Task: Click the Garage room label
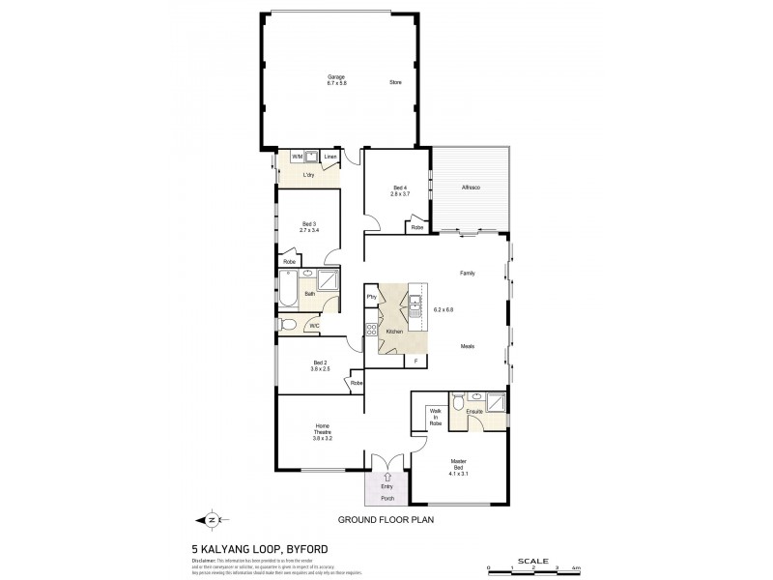point(336,77)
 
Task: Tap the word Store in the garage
point(394,83)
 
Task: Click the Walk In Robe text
point(435,418)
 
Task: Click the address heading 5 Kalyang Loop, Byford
point(253,548)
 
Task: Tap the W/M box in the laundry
point(297,156)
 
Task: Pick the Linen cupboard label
point(330,156)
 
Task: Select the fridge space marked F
point(415,361)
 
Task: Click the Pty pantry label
point(371,296)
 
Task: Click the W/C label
point(314,326)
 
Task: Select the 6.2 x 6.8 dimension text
point(444,309)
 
